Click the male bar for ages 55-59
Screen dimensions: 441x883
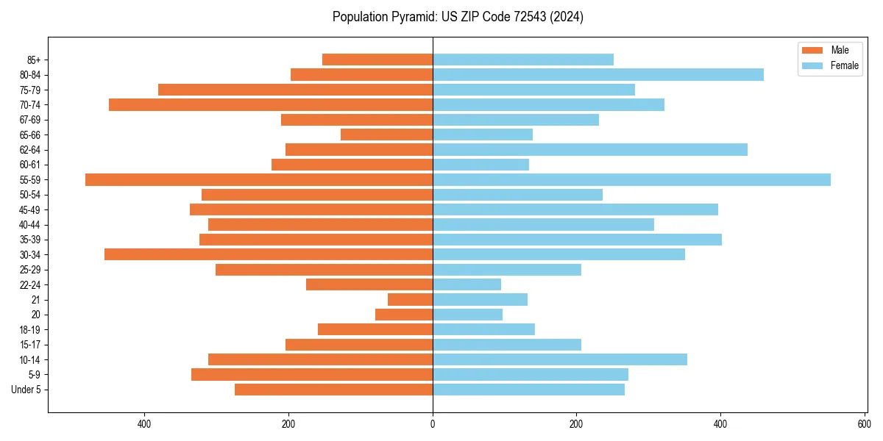[x=259, y=180]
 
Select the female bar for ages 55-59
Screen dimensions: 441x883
[x=631, y=180]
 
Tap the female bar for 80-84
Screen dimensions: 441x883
[x=597, y=75]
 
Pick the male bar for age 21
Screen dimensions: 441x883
[x=410, y=300]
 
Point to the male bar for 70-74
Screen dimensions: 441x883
[x=271, y=105]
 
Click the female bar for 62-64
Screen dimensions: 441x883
[x=589, y=150]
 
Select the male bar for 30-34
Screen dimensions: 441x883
[x=269, y=255]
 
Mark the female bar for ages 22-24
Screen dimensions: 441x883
[x=467, y=284]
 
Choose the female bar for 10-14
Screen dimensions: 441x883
[x=559, y=359]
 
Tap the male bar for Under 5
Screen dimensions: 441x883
[x=333, y=390]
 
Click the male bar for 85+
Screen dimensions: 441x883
[x=377, y=60]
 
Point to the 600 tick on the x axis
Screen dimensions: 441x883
[x=864, y=425]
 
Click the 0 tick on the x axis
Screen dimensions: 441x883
[x=433, y=425]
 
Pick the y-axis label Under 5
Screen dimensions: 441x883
[x=26, y=390]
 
